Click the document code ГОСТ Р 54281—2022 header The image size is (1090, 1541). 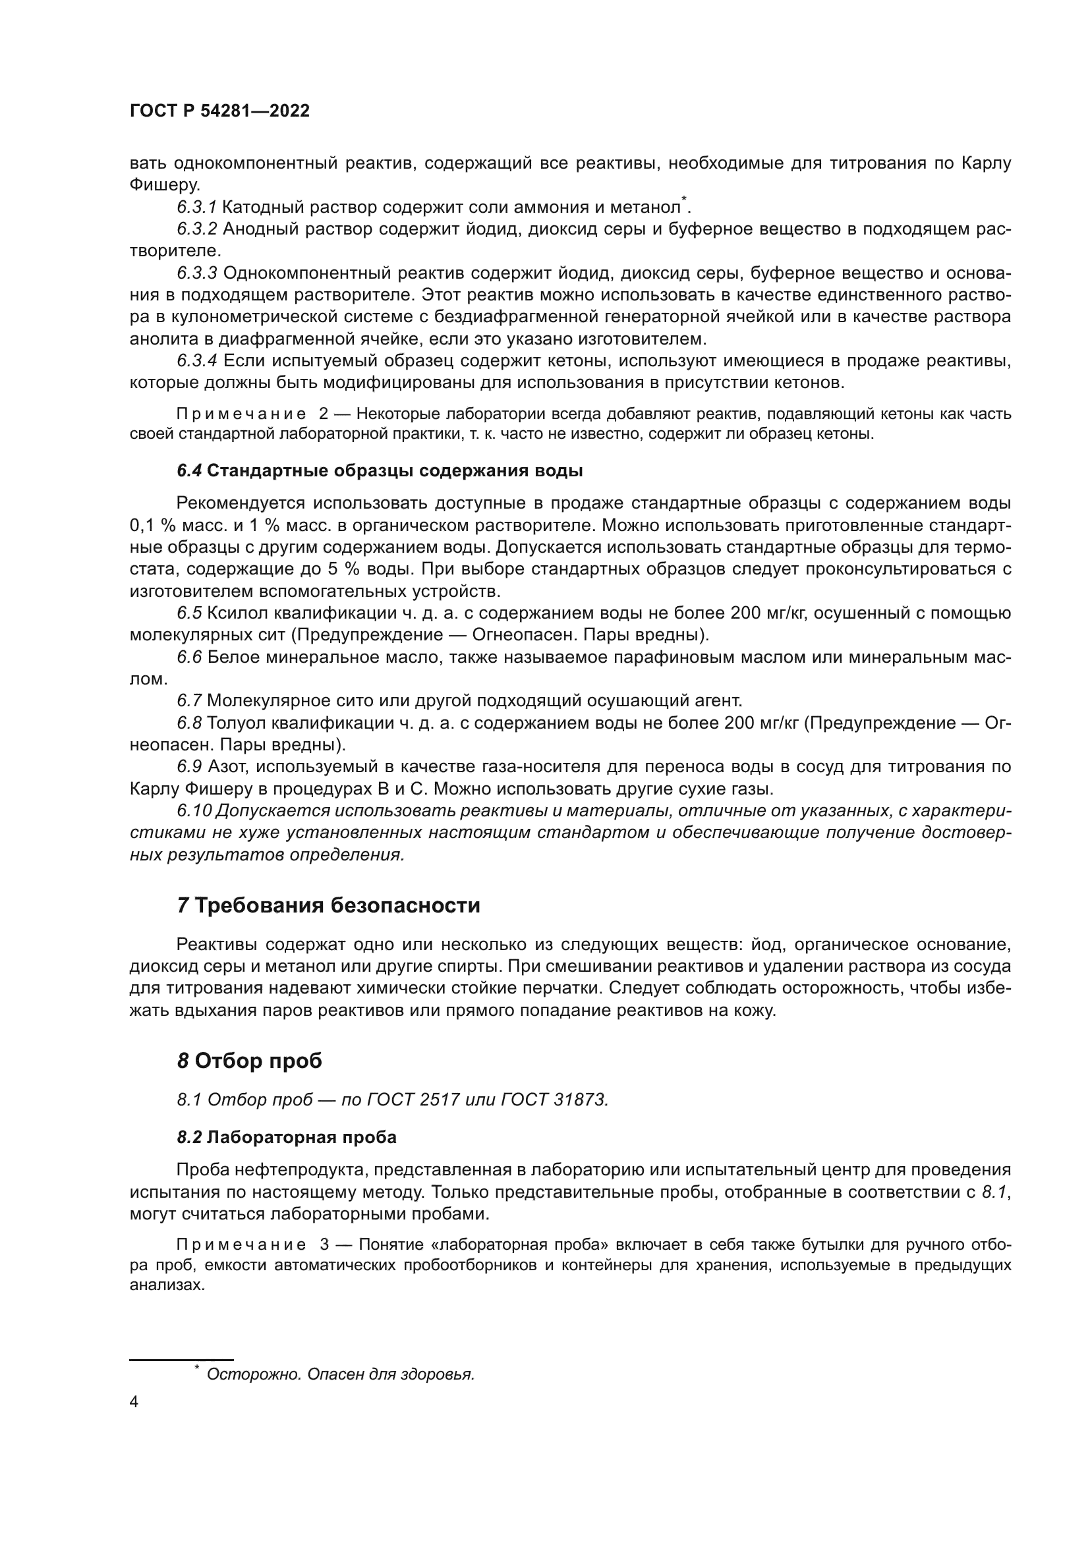[219, 111]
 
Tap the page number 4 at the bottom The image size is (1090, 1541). [134, 1402]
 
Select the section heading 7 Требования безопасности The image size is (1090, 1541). [328, 905]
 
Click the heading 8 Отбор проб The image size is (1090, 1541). [250, 1061]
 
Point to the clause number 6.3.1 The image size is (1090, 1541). [196, 208]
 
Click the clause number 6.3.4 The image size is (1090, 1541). [196, 361]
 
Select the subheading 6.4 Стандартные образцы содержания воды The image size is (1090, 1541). [380, 470]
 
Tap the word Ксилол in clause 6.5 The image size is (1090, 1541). [232, 613]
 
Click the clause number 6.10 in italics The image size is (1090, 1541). [194, 811]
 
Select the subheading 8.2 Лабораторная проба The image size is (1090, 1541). [287, 1137]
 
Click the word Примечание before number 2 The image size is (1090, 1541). [241, 414]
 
